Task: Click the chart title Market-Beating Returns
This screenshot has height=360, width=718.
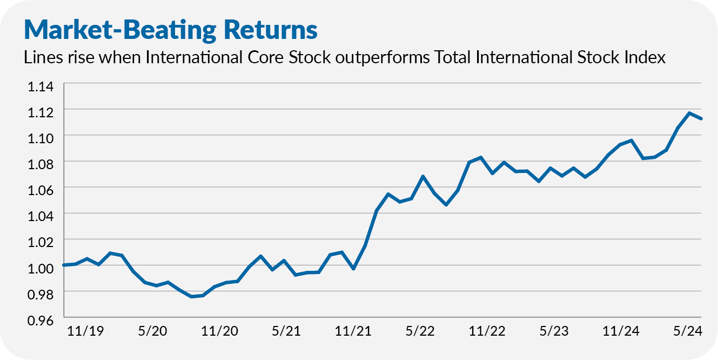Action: [x=171, y=30]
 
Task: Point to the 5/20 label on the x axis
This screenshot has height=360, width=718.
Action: [x=152, y=331]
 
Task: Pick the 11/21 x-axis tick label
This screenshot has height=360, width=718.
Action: [x=354, y=331]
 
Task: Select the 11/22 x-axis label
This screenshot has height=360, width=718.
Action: [x=487, y=331]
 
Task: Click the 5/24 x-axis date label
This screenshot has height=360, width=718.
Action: [x=686, y=331]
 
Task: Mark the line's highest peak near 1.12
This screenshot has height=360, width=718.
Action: [x=689, y=113]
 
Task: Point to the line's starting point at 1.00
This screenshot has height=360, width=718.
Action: [x=64, y=265]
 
